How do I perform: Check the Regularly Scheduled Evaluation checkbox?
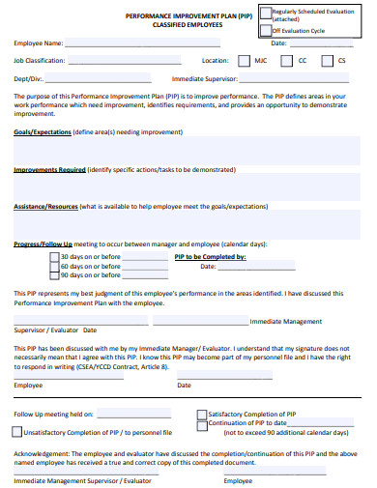(x=266, y=13)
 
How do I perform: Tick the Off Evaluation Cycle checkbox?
(x=266, y=30)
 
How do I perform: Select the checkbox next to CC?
(x=287, y=60)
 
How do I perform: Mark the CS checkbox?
(x=327, y=60)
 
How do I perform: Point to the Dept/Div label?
(x=29, y=78)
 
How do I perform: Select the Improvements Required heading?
(x=49, y=169)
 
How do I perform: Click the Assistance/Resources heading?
(x=45, y=207)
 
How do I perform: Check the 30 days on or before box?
(x=54, y=257)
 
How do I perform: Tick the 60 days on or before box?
(x=54, y=267)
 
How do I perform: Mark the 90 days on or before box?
(x=54, y=277)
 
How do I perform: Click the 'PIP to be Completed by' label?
(x=210, y=257)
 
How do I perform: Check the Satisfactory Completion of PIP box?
(x=201, y=387)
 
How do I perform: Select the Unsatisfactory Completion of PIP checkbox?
(x=17, y=405)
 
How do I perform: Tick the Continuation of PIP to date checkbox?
(x=201, y=396)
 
